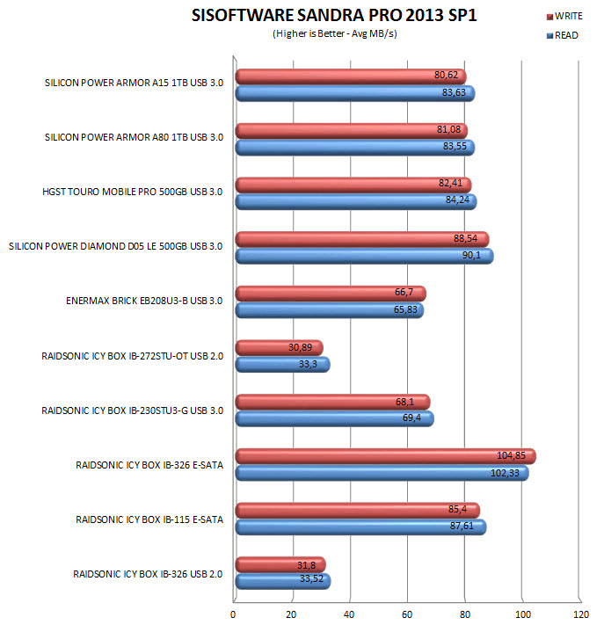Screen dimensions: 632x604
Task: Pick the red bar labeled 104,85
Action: pyautogui.click(x=385, y=456)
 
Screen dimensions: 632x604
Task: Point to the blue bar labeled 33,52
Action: pyautogui.click(x=281, y=581)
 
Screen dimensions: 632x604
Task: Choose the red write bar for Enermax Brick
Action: pyautogui.click(x=330, y=294)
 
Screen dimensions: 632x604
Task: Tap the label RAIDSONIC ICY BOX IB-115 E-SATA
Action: pyautogui.click(x=149, y=519)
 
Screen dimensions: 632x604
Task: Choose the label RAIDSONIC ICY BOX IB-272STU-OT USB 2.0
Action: pyautogui.click(x=132, y=357)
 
